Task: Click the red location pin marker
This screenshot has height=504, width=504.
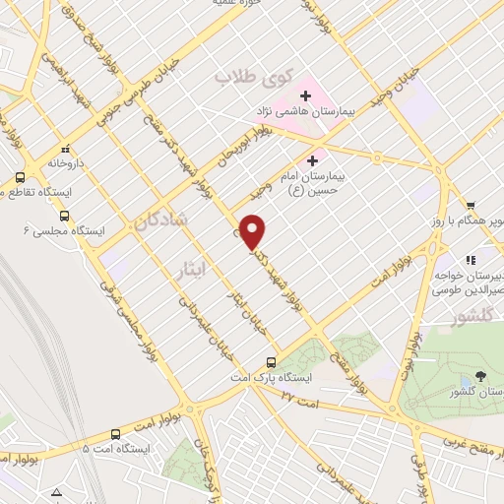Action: pos(254,230)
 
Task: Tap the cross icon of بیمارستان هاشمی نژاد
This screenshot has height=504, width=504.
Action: pos(305,96)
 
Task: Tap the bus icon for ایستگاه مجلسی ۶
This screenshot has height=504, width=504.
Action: pos(65,216)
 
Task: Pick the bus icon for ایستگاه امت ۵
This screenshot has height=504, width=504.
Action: pos(116,433)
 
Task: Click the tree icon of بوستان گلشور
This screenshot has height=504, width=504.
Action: pos(479,376)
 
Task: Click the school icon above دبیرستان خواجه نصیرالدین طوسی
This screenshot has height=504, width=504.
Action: pos(471,259)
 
